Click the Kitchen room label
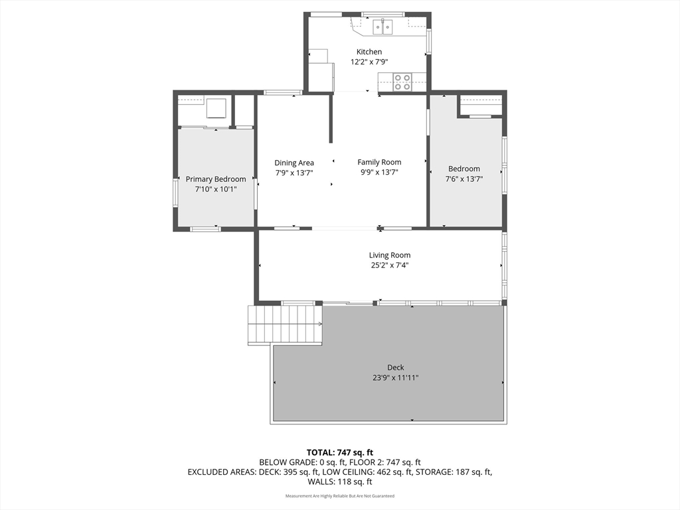click(369, 52)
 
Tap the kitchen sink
click(383, 27)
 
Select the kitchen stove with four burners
click(402, 82)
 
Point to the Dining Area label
click(294, 163)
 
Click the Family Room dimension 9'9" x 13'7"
click(379, 172)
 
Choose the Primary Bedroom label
click(216, 179)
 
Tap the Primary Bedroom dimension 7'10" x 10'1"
click(216, 189)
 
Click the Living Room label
click(389, 256)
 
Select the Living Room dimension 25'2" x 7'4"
click(389, 266)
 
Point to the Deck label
click(396, 367)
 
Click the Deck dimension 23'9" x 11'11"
click(396, 378)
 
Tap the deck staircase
click(285, 325)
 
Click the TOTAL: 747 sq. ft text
click(340, 453)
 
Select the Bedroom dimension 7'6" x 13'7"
click(464, 179)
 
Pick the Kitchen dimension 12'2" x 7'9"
click(369, 62)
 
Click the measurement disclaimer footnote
click(340, 495)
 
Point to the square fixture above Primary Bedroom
click(216, 108)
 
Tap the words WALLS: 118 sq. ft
click(340, 482)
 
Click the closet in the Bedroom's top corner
click(481, 106)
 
